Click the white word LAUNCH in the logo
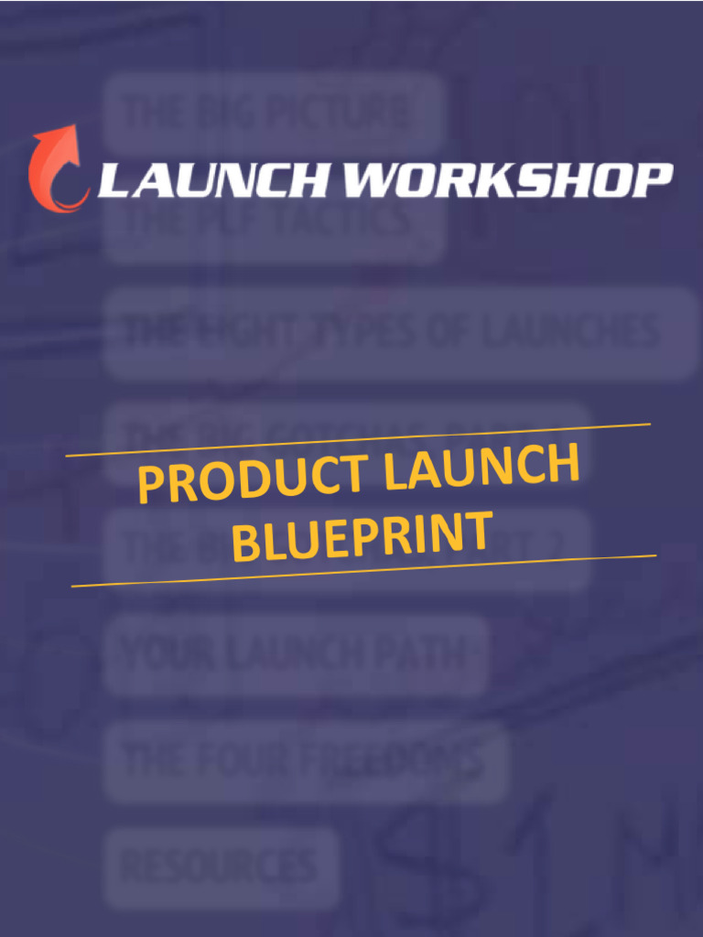(x=212, y=180)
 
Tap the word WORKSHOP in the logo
(x=507, y=180)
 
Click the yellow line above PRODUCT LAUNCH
(x=357, y=439)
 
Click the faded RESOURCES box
(x=220, y=865)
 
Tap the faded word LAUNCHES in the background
(x=577, y=331)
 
